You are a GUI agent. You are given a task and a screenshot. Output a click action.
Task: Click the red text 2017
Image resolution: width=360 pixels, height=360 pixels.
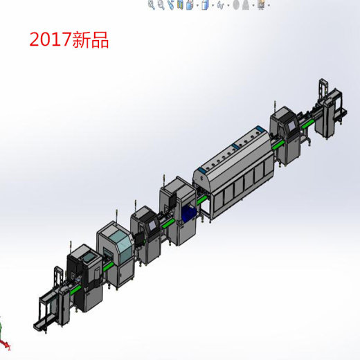coord(50,40)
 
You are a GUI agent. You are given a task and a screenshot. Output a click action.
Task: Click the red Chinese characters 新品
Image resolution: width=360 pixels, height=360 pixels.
coord(90,40)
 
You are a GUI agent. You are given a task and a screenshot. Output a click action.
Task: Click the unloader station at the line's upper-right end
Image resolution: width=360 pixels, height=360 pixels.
coord(329,111)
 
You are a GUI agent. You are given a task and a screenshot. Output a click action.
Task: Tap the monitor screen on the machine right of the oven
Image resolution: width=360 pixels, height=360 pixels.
coord(290,125)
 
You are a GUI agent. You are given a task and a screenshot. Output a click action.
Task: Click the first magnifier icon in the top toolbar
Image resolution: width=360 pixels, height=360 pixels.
coord(152,5)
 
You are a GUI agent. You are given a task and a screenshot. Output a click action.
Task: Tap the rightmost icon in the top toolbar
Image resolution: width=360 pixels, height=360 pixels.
coord(261,5)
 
